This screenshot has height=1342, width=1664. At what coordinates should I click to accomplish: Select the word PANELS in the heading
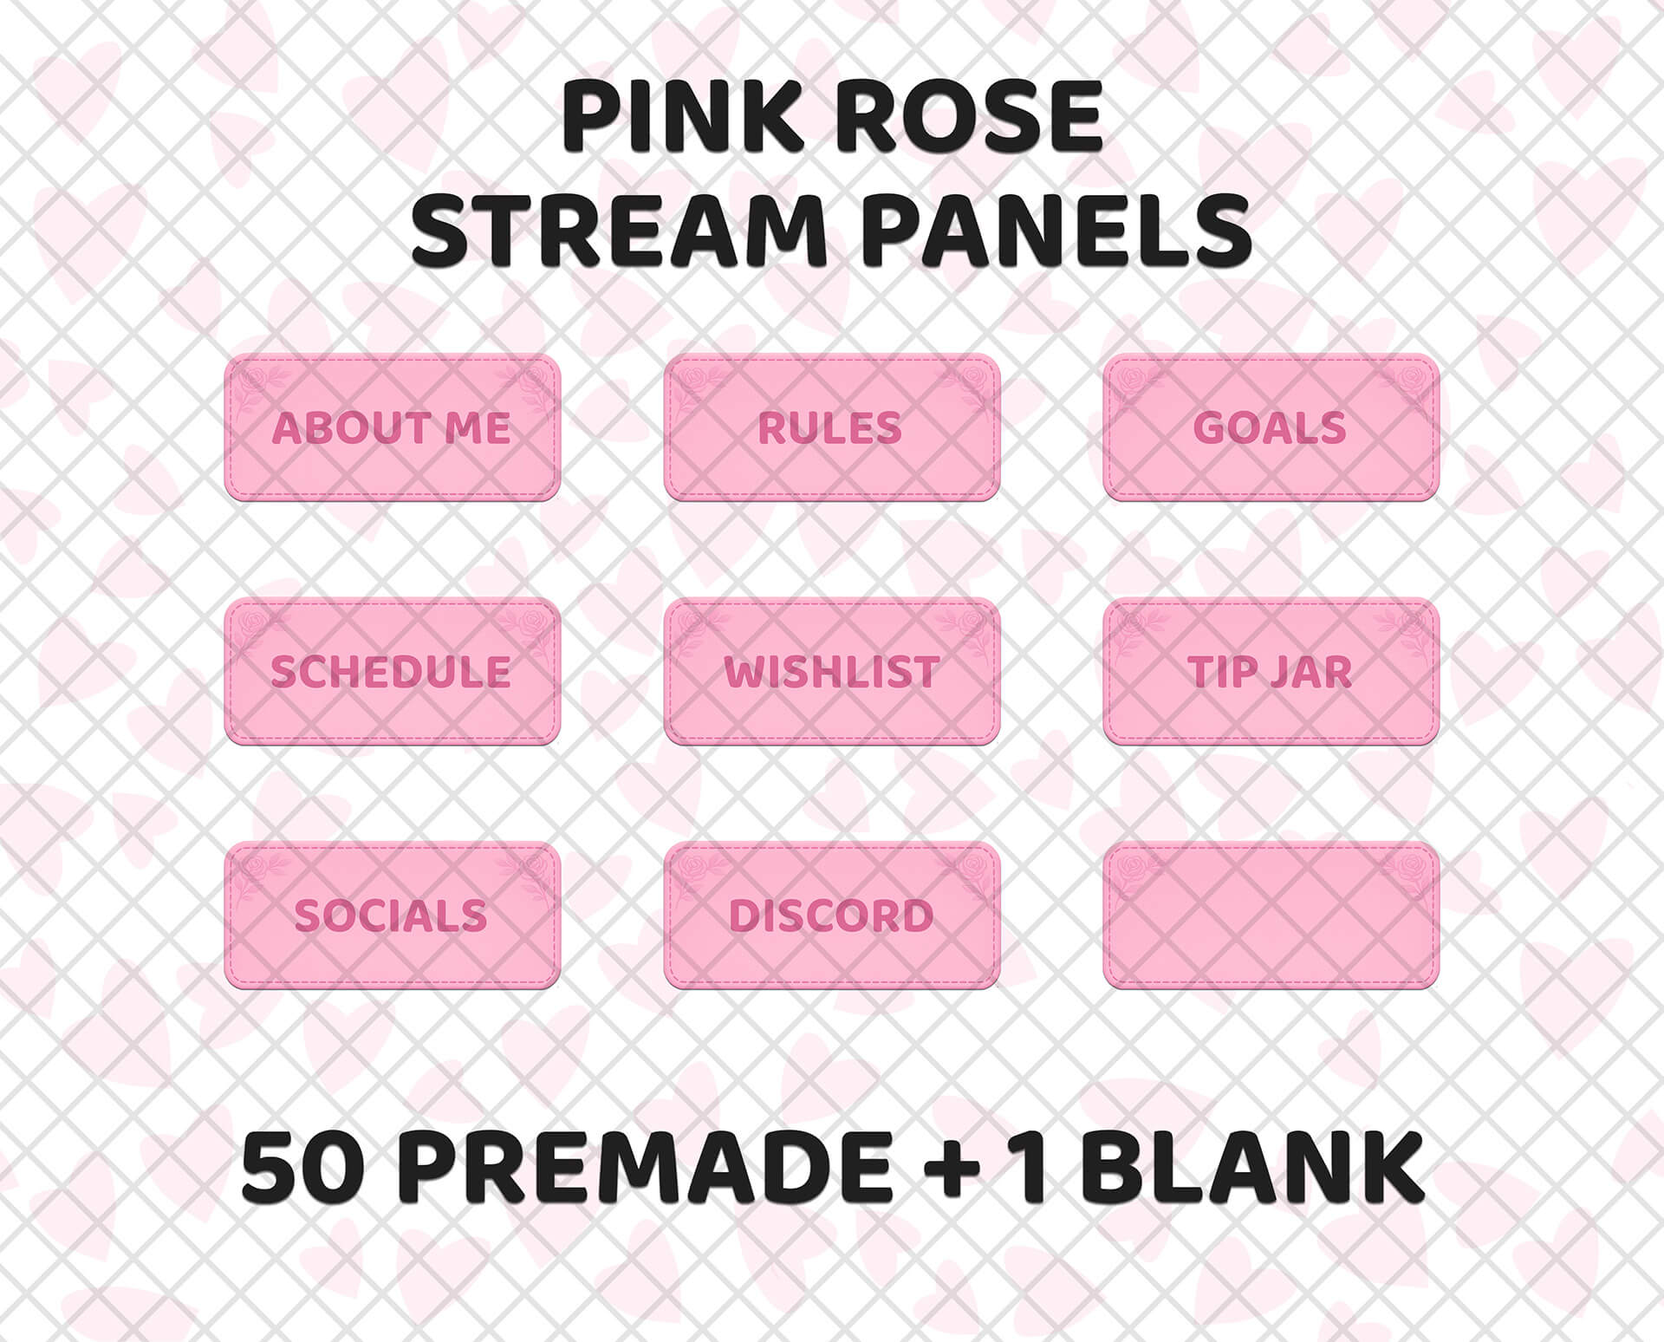point(1056,231)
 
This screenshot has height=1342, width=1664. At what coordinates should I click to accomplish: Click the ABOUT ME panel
point(392,428)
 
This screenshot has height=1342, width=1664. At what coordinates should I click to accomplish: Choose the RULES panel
point(831,428)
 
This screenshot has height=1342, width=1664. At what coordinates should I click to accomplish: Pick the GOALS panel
point(1271,428)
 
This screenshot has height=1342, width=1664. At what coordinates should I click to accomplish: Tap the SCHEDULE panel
point(392,672)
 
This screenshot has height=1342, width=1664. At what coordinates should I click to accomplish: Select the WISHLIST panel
point(831,672)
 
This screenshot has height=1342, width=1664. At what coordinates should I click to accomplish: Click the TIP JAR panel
point(1271,672)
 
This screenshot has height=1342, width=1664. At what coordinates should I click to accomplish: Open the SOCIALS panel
point(392,915)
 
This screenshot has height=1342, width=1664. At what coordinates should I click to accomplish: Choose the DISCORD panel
point(831,915)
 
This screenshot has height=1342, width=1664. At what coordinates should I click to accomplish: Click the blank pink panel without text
point(1271,915)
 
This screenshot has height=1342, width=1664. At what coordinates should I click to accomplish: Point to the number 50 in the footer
point(302,1168)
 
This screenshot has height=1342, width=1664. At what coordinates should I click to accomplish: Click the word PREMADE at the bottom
point(646,1168)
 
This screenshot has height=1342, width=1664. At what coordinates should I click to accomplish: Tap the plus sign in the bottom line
point(951,1168)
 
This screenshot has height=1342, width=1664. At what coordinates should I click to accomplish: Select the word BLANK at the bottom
point(1252,1168)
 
